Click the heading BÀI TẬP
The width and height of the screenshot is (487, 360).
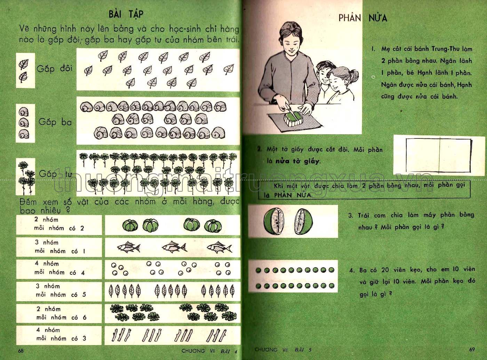click(x=126, y=14)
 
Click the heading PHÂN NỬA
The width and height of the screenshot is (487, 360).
click(x=363, y=18)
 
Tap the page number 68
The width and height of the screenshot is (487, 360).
click(x=21, y=351)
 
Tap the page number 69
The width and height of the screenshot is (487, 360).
click(x=472, y=350)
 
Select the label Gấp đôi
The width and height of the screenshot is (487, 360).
click(x=55, y=69)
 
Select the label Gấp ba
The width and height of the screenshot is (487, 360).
click(x=55, y=122)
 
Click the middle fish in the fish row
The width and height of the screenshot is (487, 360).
click(x=174, y=247)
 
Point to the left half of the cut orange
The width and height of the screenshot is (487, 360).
click(x=273, y=221)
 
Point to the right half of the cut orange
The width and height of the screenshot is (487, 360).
click(x=303, y=222)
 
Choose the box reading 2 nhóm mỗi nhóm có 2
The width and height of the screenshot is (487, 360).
click(x=59, y=224)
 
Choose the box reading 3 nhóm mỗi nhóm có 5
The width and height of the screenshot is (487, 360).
click(x=59, y=291)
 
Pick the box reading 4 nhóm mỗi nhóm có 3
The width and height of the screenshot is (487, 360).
click(x=59, y=335)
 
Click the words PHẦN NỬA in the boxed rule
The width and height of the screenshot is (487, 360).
click(x=289, y=195)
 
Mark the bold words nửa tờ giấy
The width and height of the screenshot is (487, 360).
click(x=297, y=161)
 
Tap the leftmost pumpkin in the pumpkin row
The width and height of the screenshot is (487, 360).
click(x=130, y=225)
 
